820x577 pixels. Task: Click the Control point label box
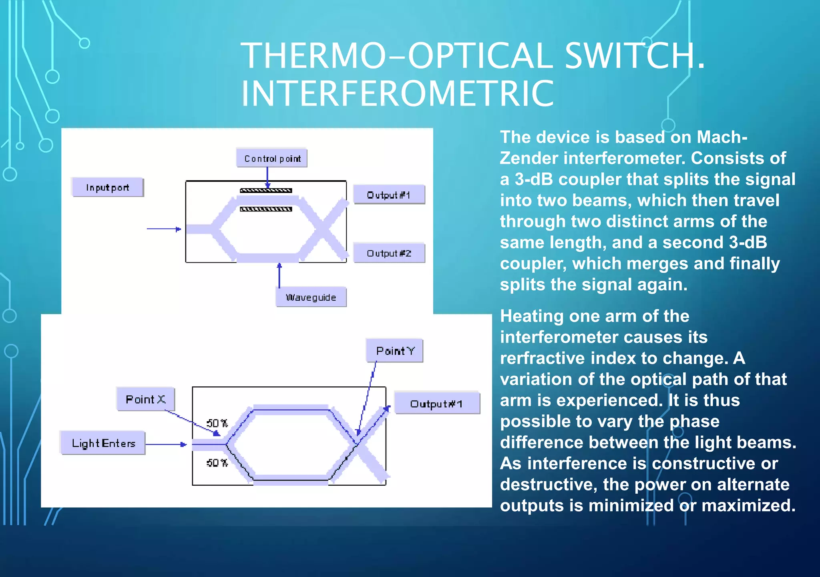click(272, 159)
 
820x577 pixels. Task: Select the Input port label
click(107, 187)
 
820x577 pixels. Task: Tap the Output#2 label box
click(389, 253)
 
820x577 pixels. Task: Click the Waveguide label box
click(311, 297)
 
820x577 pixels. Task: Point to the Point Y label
click(395, 351)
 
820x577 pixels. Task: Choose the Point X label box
click(145, 399)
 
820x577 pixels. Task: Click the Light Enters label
click(103, 443)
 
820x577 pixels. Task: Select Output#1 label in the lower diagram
click(436, 404)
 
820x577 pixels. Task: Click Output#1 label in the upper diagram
click(388, 195)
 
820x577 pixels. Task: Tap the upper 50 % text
click(217, 423)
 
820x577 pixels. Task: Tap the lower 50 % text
click(217, 463)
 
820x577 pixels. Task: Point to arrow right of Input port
click(164, 229)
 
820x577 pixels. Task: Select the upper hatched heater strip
click(266, 191)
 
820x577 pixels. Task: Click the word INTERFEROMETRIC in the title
click(398, 93)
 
